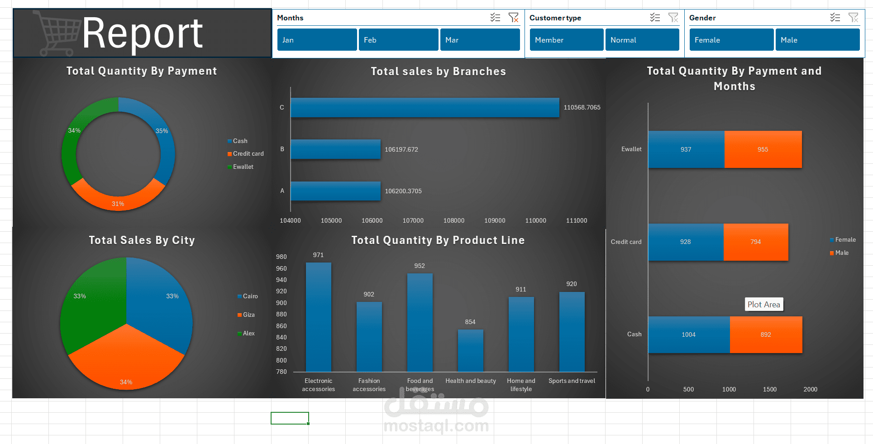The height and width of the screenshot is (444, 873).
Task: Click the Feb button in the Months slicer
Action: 398,40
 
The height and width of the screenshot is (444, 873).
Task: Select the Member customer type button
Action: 567,40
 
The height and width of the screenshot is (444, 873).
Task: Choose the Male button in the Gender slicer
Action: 817,40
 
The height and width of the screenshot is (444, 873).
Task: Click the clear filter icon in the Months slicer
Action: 513,18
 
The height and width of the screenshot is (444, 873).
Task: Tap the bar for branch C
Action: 425,108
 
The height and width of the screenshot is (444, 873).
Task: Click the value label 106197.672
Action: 401,149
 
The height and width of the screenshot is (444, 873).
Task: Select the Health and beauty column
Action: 471,351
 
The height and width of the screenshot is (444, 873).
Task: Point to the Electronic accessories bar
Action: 319,317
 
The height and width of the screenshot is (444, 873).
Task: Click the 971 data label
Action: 319,255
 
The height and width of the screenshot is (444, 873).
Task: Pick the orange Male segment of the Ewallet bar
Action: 763,149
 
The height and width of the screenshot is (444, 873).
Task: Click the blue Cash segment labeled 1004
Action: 689,334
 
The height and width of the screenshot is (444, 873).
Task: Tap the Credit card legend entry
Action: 246,154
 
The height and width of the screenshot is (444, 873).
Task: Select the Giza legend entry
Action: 246,315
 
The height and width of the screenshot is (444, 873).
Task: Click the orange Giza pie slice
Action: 126,360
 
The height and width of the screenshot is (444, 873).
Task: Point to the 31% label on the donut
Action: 118,204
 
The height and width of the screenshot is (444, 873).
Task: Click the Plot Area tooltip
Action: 764,305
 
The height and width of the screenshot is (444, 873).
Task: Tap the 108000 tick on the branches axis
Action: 454,220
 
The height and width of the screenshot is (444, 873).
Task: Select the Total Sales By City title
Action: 142,240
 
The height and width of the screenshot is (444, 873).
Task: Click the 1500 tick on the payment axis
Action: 770,389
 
